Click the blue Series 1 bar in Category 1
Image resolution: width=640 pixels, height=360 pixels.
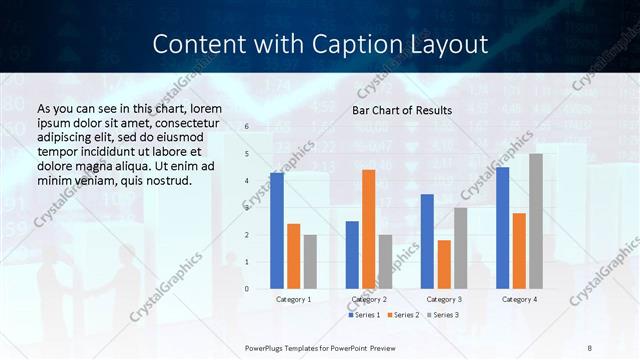point(276,231)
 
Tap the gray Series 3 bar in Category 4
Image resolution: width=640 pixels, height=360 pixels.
point(535,221)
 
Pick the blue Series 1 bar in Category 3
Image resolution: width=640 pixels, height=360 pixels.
point(427,241)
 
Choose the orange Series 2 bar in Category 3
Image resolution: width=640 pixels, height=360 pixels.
point(444,264)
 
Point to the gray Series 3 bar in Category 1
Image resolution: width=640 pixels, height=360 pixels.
point(310,262)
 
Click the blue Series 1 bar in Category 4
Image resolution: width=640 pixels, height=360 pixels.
point(502,228)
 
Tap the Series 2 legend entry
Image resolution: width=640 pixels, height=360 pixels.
point(405,316)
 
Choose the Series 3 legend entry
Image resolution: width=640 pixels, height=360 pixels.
point(444,316)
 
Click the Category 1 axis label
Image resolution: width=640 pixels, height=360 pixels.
point(293,299)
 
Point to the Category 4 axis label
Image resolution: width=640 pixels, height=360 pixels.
point(519,299)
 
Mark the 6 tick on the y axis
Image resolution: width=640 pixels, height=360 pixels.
point(247,127)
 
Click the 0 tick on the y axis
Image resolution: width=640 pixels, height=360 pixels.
point(247,289)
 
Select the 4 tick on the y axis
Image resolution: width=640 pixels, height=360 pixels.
point(247,181)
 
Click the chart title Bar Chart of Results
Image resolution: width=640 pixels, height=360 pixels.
point(403,110)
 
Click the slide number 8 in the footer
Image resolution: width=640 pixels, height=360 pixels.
point(590,346)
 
